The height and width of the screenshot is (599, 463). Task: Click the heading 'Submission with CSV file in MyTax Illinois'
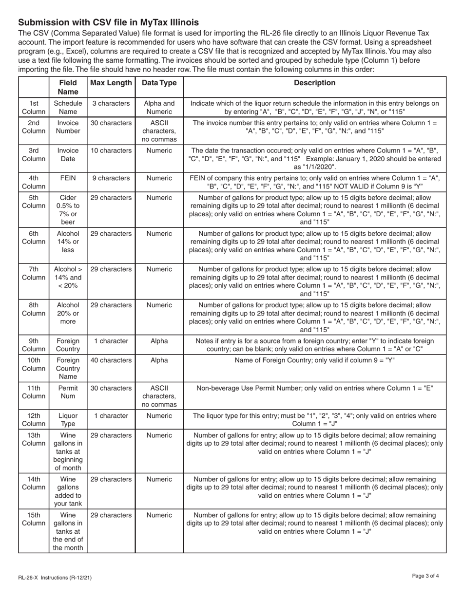click(x=108, y=22)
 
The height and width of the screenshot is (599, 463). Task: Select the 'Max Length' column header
click(x=111, y=83)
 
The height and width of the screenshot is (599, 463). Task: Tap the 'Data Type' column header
click(x=159, y=83)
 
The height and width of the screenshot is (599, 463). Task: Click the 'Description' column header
click(x=314, y=83)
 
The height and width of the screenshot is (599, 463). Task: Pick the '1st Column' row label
click(x=34, y=107)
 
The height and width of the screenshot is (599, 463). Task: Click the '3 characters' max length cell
click(x=111, y=103)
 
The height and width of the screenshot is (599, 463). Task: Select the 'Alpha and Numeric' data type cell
click(x=159, y=107)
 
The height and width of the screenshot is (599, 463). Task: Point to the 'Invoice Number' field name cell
click(x=68, y=127)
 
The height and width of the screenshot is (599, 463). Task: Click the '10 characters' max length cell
click(x=111, y=150)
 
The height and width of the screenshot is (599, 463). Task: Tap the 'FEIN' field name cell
click(x=68, y=178)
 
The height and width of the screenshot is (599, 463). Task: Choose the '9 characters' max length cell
click(x=111, y=178)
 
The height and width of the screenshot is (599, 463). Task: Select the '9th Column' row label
click(x=34, y=345)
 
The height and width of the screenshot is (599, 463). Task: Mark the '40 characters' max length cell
click(x=111, y=360)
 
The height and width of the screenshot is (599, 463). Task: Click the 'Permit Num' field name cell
click(x=68, y=393)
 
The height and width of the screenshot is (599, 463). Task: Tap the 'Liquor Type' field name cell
click(x=68, y=420)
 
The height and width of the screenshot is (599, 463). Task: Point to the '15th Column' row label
click(x=34, y=519)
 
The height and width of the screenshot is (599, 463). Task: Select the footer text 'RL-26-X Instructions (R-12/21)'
click(x=55, y=578)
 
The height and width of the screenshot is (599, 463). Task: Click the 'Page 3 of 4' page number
click(x=425, y=576)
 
